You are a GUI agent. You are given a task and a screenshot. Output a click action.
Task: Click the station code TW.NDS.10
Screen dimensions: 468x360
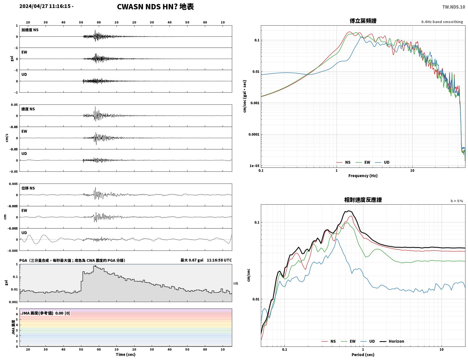454,7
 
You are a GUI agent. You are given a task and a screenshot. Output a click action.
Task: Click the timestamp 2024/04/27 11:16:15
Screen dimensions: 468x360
45,6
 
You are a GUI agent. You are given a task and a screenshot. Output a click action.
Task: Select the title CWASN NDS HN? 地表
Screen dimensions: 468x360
155,7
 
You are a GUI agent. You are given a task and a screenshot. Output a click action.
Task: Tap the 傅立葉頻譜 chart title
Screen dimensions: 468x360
363,21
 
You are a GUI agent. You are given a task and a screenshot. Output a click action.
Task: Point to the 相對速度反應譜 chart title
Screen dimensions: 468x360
363,200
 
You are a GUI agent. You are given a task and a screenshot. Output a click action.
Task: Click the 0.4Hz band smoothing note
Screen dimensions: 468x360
442,22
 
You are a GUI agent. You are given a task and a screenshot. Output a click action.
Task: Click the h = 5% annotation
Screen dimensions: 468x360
456,201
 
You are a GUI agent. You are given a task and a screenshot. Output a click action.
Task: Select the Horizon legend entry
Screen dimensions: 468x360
392,341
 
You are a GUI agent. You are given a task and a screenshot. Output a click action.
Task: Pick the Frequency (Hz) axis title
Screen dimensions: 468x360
363,176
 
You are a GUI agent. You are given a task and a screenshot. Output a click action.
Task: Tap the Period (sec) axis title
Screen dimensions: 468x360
363,355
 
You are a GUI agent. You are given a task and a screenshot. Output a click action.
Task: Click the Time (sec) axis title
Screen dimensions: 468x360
126,354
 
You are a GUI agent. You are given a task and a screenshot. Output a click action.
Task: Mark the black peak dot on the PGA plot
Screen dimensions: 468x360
95,266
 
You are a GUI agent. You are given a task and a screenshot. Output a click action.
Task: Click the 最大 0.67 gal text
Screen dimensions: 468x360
192,260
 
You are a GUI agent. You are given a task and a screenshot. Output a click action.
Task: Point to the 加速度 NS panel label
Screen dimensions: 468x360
30,30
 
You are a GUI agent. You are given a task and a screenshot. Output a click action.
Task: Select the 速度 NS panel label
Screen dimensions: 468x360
28,109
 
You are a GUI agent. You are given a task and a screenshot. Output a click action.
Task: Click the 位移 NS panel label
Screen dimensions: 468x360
28,188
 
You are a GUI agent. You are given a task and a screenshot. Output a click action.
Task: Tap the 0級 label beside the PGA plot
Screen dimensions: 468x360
236,283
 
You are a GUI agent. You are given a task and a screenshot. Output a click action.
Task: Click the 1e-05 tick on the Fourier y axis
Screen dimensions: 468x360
254,166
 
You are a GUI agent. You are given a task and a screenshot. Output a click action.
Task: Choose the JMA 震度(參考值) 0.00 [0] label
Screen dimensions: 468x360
45,313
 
